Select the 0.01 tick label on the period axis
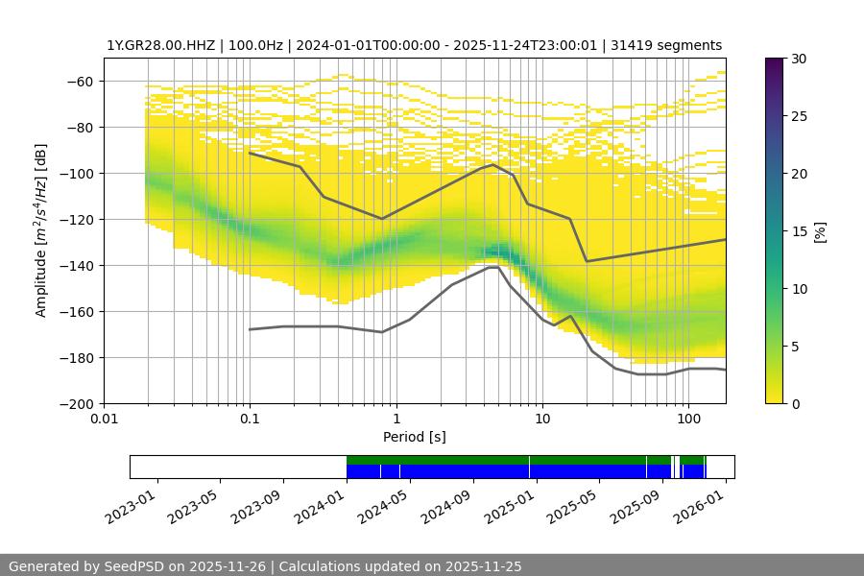point(104,419)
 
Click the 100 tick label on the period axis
point(688,419)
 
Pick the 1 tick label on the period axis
point(396,419)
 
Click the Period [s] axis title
point(414,438)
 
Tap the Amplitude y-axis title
point(41,231)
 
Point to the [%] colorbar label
point(820,231)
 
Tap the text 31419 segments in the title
point(674,45)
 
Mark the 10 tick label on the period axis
point(541,419)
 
